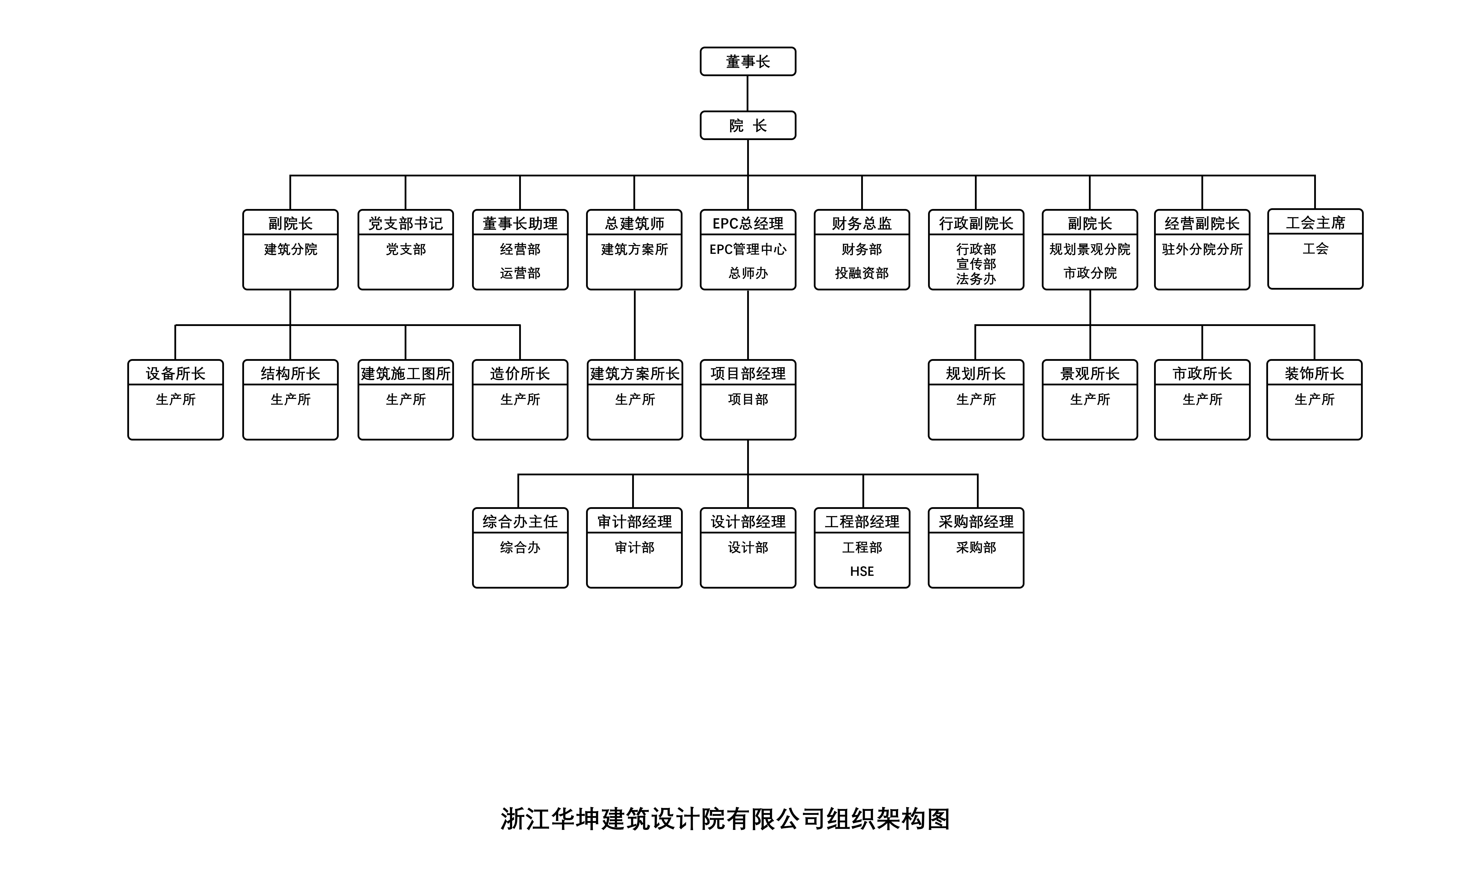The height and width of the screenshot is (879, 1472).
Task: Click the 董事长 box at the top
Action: (x=748, y=62)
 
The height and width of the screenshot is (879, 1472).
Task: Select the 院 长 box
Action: (x=748, y=126)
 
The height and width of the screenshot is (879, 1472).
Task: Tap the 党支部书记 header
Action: (x=406, y=223)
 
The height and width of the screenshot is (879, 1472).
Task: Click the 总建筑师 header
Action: (x=634, y=223)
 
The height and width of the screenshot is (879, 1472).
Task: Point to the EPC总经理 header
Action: (x=748, y=223)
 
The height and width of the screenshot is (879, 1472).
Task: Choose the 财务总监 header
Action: (x=862, y=223)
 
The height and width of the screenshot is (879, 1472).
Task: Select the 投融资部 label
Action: (x=862, y=273)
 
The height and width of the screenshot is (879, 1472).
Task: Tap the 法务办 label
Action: (x=976, y=279)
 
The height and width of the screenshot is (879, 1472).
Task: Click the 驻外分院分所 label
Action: (x=1202, y=249)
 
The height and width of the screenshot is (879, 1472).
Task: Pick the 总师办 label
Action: (x=748, y=273)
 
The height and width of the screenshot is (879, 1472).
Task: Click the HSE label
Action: (x=862, y=572)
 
